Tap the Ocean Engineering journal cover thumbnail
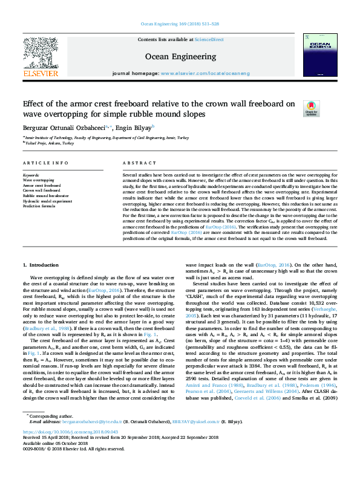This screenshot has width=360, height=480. (320, 55)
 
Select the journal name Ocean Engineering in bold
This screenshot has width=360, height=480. (180, 57)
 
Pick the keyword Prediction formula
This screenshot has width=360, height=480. (39, 206)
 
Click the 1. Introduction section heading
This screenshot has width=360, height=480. (41, 265)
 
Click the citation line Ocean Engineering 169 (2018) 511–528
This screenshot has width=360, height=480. (180, 25)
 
